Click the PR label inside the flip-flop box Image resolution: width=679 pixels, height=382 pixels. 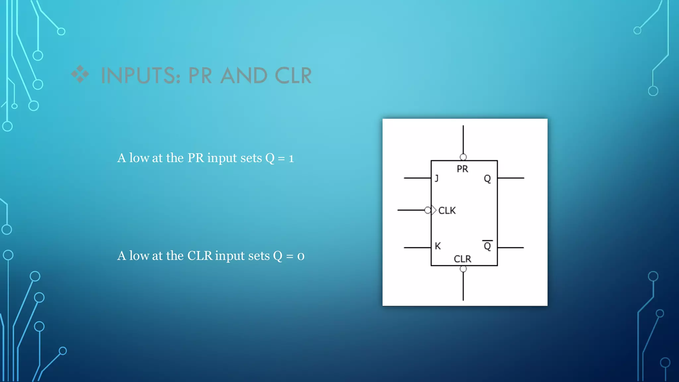click(x=462, y=169)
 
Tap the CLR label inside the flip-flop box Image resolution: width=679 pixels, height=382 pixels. click(x=462, y=259)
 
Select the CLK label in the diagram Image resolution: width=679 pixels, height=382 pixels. click(x=447, y=211)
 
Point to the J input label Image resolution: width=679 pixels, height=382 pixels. click(x=437, y=178)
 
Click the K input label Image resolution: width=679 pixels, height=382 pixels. click(x=438, y=246)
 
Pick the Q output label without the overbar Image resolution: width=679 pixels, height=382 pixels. click(x=487, y=179)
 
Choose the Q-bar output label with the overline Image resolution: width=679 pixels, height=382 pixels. click(x=487, y=246)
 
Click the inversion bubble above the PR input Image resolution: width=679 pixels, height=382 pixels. click(x=463, y=157)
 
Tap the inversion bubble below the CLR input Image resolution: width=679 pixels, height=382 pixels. click(x=463, y=269)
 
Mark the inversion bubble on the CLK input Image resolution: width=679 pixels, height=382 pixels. click(x=428, y=210)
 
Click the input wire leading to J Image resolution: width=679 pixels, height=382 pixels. click(x=417, y=178)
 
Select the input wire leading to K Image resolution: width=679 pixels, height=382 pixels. click(x=417, y=248)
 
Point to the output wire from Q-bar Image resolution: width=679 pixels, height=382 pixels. click(x=511, y=248)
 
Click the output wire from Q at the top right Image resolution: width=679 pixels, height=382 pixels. click(x=511, y=178)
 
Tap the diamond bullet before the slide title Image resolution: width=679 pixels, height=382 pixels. click(x=80, y=74)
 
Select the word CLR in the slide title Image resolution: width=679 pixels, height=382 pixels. click(x=293, y=76)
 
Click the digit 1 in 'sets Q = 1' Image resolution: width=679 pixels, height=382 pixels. click(x=291, y=159)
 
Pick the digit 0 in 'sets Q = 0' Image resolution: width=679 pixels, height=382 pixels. click(x=301, y=256)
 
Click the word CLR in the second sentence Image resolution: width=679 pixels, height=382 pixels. click(x=200, y=256)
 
